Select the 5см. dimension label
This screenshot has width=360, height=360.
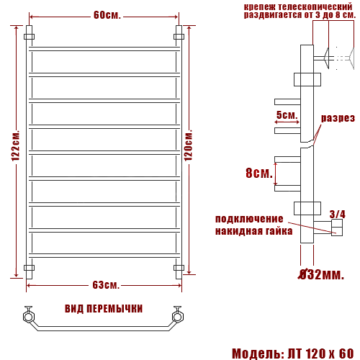(287, 115)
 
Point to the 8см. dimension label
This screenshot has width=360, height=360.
(258, 174)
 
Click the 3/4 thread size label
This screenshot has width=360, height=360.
(337, 214)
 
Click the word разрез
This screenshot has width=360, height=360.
(338, 118)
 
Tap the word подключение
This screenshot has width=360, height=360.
(249, 219)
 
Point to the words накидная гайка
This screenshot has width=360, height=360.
(253, 231)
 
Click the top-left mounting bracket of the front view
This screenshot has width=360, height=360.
(29, 35)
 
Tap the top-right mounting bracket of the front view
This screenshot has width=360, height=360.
(179, 35)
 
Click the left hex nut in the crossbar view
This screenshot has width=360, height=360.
(29, 316)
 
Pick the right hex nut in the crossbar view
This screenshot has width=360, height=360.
(176, 316)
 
